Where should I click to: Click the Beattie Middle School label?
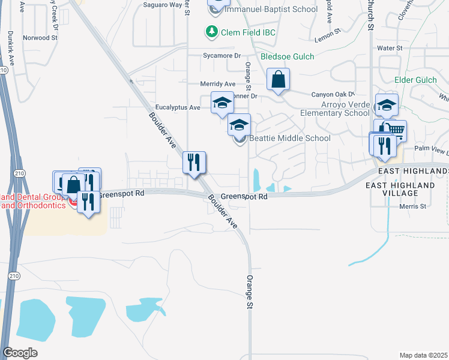coord(290,138)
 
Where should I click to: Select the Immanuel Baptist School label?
coord(271,10)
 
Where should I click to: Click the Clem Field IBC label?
coord(248,32)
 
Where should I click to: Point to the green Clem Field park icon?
coord(211,31)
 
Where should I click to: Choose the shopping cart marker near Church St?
coord(396,130)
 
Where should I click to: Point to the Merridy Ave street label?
coord(217,84)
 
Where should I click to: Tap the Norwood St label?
coord(40,37)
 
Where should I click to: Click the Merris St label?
coord(413,206)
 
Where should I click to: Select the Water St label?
coord(389,48)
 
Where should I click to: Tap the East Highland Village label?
coord(400,189)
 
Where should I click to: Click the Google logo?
coord(20,352)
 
